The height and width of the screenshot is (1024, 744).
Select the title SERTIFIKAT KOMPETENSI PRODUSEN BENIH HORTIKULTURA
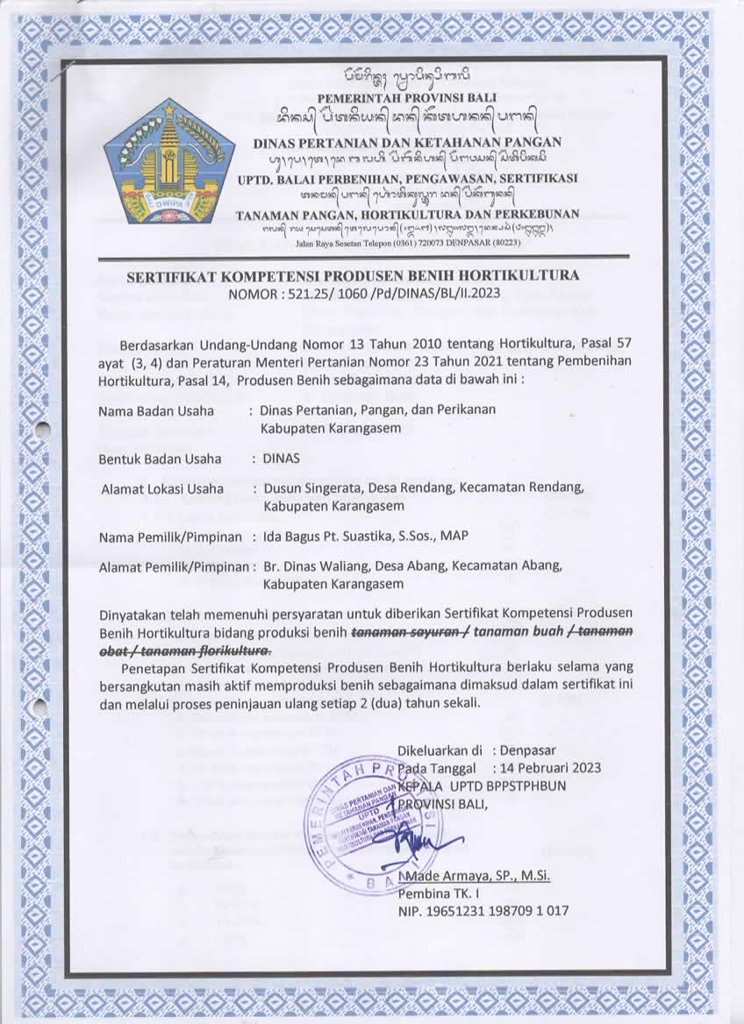tap(354, 275)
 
